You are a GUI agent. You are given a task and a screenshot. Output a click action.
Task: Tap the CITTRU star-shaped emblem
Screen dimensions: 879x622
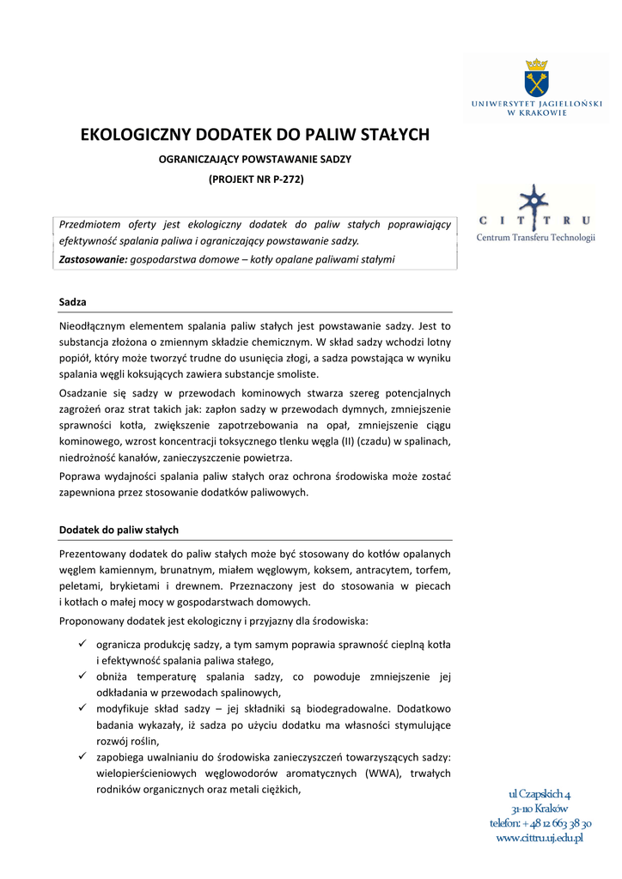[535, 204]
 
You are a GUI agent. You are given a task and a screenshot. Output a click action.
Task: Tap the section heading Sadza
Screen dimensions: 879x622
[72, 302]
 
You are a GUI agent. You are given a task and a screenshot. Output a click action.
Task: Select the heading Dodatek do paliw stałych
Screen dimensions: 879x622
[119, 530]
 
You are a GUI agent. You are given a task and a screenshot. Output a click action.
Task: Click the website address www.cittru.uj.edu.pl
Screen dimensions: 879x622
[540, 839]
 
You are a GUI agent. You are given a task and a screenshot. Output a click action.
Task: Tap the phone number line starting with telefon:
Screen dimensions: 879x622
[540, 823]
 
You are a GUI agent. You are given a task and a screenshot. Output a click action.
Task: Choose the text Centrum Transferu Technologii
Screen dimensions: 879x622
[535, 238]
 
